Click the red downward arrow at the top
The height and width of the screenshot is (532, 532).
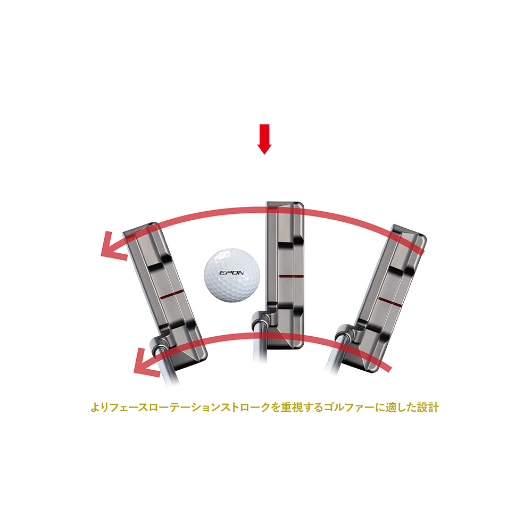click(264, 139)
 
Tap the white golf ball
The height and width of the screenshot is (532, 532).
click(232, 275)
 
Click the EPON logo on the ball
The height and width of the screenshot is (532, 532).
click(231, 273)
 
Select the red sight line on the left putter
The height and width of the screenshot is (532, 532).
click(172, 294)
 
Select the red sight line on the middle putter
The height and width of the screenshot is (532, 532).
click(291, 277)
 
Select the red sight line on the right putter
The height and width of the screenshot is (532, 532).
click(390, 302)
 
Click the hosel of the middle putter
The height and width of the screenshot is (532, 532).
click(261, 319)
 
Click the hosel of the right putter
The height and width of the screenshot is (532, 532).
click(346, 334)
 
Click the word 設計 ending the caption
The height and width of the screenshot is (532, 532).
click(428, 407)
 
